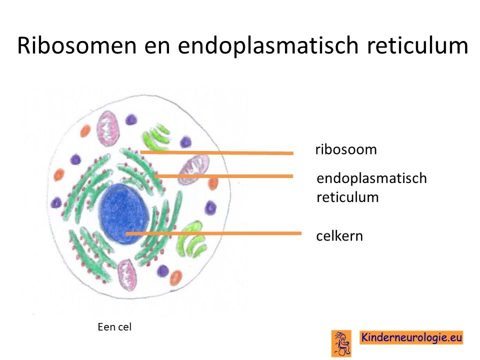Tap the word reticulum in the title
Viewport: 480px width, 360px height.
(417, 45)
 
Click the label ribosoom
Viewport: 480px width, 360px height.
(346, 149)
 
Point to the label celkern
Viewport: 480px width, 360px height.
(339, 236)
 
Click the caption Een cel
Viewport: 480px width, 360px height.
(114, 327)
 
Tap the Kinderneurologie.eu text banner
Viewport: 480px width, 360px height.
(411, 337)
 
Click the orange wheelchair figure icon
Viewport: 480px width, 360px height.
(341, 343)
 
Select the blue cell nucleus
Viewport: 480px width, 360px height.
(123, 214)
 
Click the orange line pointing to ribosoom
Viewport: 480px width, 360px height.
(216, 152)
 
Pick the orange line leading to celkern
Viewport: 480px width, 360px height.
(213, 233)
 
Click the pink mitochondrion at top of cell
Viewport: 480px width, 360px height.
(108, 128)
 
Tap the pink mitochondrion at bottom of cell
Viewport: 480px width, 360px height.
(126, 275)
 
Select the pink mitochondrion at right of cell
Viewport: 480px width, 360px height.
(194, 169)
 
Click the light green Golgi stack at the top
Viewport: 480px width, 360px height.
(156, 137)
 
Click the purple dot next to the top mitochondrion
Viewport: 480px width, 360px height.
(131, 119)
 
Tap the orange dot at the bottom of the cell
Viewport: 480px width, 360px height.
(175, 277)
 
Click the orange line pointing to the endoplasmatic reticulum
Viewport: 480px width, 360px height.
(224, 176)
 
